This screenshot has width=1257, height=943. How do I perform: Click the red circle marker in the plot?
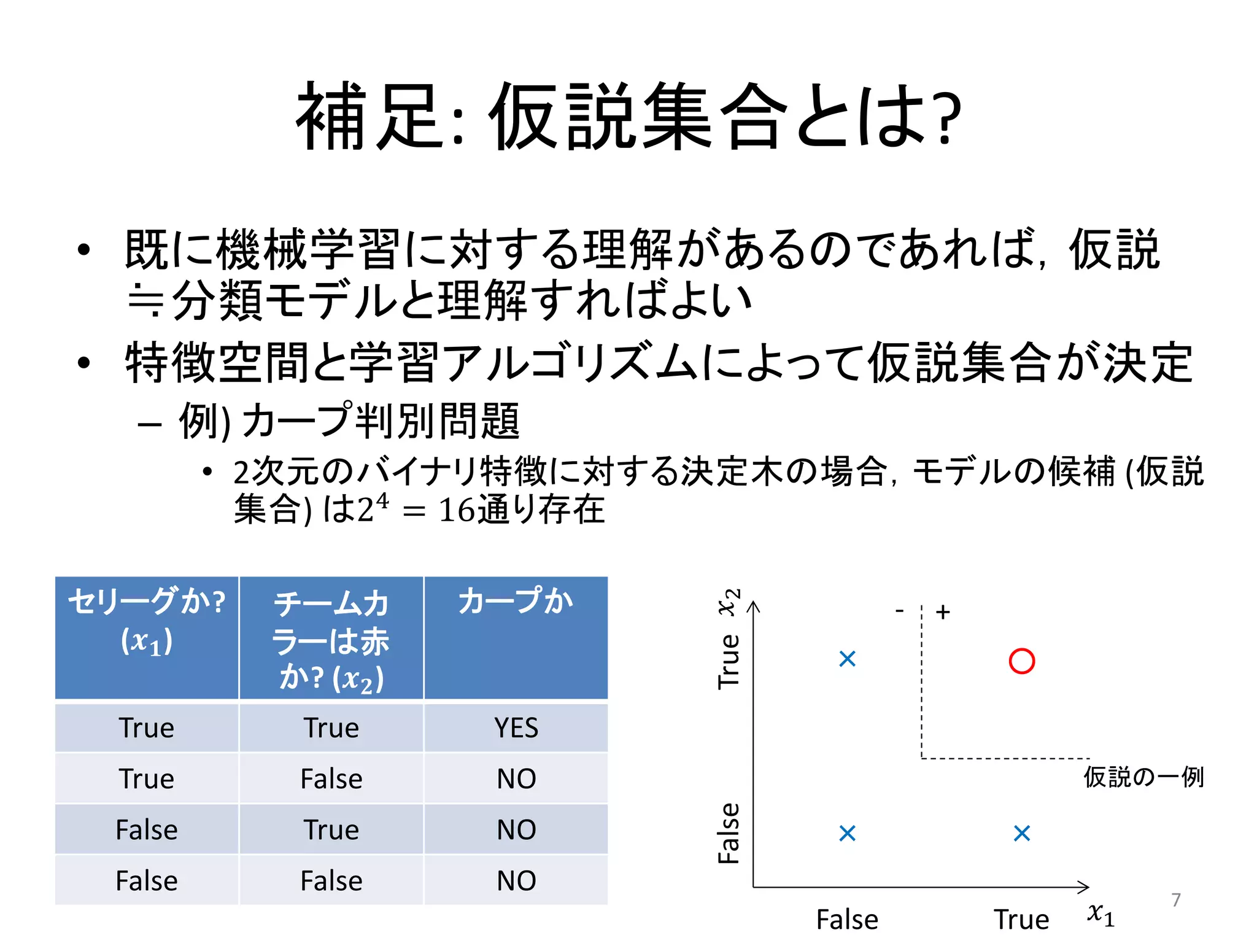(1021, 661)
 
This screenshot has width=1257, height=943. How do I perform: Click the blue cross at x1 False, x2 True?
(847, 659)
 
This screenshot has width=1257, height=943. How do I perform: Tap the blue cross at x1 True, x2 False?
(1022, 833)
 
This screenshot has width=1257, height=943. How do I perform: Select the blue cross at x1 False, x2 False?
(847, 833)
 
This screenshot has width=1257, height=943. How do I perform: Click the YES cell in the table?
(516, 728)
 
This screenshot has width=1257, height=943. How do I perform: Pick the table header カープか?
(516, 601)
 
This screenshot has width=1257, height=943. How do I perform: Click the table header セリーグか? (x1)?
(147, 620)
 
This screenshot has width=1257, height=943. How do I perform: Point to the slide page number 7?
(1176, 900)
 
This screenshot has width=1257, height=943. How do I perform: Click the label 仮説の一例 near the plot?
(1143, 777)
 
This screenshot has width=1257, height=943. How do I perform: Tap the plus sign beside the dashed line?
(943, 612)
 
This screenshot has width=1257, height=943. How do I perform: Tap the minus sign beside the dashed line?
(899, 611)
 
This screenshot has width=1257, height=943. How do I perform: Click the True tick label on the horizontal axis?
(1021, 920)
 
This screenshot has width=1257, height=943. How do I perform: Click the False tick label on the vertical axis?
(729, 833)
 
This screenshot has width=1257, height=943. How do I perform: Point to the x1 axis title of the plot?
(1100, 914)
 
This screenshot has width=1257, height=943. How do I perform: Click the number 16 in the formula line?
(457, 511)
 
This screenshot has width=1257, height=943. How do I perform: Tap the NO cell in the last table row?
(516, 881)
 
